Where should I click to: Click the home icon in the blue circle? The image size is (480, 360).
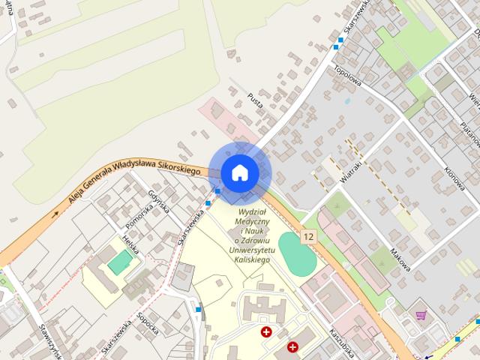point(239,172)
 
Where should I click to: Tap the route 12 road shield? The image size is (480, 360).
point(308,237)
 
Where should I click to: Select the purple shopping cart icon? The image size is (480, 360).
point(421,316)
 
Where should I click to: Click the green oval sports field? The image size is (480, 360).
point(298,254)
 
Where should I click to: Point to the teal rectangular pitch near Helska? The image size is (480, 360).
point(118,262)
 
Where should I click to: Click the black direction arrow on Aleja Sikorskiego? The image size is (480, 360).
point(55,214)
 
